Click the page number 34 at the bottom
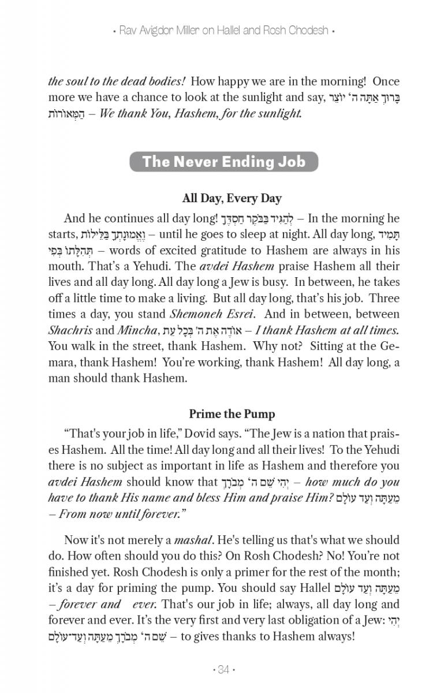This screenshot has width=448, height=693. tap(224, 670)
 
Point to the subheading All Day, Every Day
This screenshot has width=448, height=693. tap(232, 199)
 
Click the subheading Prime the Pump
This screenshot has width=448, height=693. tap(232, 414)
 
